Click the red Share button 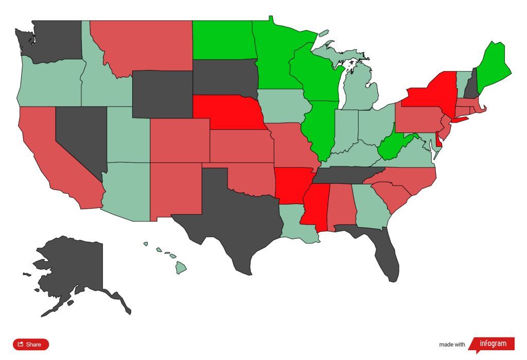31,344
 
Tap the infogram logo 493,344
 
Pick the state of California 51,155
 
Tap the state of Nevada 80,136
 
